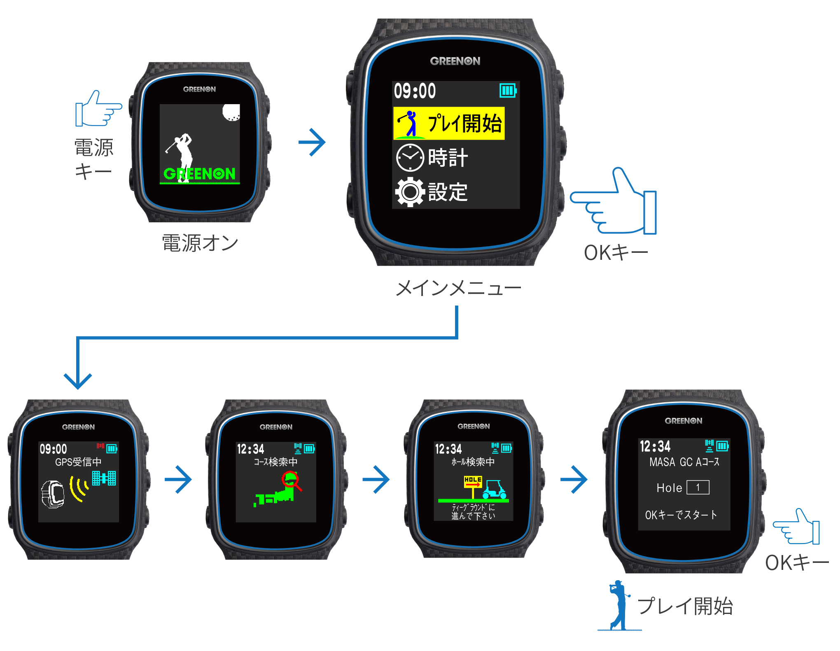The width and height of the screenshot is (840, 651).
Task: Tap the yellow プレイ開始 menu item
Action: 449,123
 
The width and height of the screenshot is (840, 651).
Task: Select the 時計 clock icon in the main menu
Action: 410,157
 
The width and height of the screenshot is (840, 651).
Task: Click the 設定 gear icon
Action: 410,192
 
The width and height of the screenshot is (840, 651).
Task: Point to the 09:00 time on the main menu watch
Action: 415,91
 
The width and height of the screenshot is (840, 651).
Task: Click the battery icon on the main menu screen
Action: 508,91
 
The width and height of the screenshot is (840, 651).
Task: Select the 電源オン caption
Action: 200,243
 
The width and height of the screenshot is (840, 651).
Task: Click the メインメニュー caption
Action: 458,288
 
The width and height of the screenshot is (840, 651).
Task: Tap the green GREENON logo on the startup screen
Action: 200,174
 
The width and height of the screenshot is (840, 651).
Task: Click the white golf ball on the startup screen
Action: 231,112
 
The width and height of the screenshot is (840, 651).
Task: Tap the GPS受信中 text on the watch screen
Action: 78,462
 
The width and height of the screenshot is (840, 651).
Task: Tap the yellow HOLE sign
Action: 473,481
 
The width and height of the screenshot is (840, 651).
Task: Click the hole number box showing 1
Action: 698,488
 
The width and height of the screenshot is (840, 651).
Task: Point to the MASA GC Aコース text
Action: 684,462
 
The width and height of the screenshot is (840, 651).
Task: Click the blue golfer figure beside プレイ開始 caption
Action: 619,604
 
